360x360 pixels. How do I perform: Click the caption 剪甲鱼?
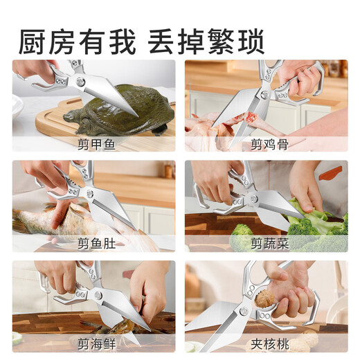[x=93, y=144]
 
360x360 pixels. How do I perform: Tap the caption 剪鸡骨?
[x=266, y=144]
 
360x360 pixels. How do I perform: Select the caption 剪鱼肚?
[x=93, y=243]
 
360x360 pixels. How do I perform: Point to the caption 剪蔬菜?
[x=266, y=243]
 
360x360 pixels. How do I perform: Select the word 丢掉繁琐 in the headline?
[x=206, y=41]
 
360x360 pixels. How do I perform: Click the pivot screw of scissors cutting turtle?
[x=82, y=82]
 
